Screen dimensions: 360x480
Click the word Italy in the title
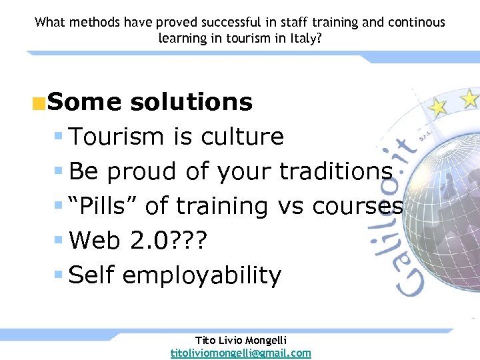(x=304, y=38)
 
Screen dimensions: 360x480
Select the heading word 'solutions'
(x=191, y=102)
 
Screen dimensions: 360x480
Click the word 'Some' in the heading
(x=84, y=102)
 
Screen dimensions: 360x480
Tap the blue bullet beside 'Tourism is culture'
(x=59, y=136)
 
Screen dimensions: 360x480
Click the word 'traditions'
(x=335, y=171)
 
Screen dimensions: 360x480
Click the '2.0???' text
(x=171, y=241)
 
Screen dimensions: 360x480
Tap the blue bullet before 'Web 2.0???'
(x=59, y=240)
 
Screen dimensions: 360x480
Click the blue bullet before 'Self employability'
(x=59, y=275)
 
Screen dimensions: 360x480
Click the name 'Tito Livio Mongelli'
(x=241, y=340)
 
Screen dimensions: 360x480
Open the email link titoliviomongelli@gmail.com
(x=241, y=353)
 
